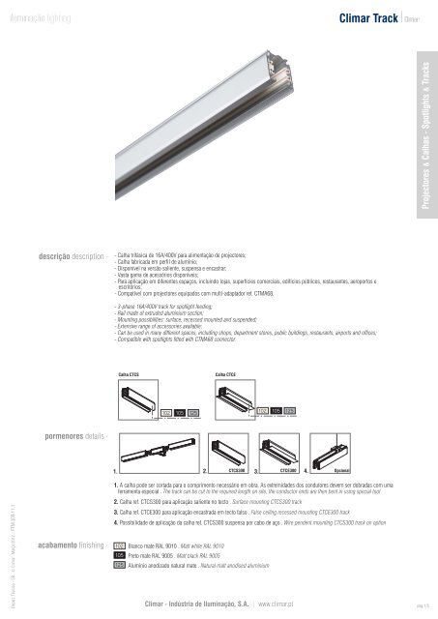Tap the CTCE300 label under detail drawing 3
tap(287, 471)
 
